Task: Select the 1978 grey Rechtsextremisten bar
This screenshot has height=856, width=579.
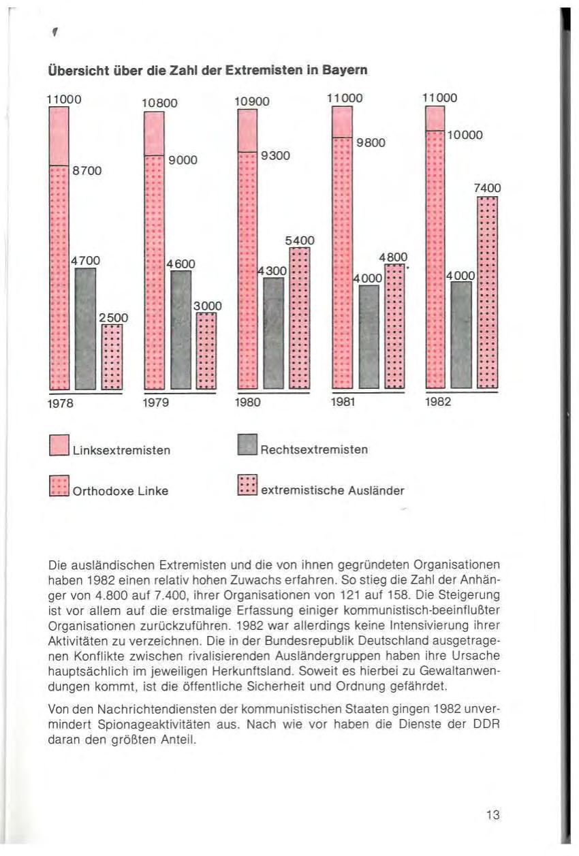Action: point(85,327)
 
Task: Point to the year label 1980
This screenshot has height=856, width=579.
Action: point(249,401)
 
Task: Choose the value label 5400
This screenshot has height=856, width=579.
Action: point(300,240)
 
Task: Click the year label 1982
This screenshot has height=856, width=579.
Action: point(438,401)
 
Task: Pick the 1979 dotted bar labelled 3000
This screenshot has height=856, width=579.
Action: point(206,350)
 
